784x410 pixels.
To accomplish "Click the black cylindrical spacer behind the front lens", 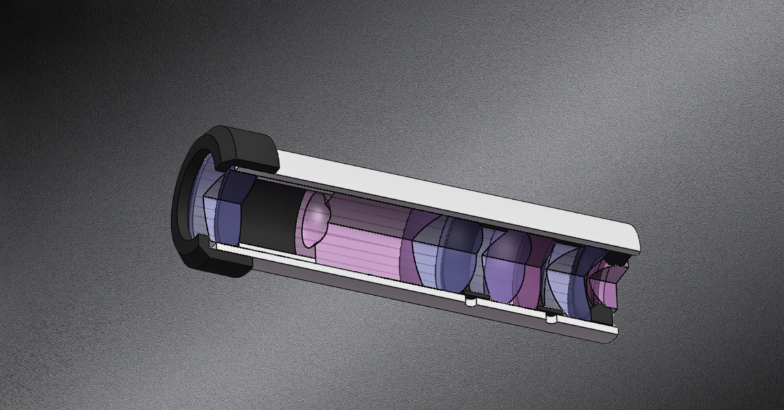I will [271, 212].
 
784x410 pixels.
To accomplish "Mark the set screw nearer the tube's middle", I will [469, 301].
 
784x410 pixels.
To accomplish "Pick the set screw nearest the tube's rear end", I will [551, 319].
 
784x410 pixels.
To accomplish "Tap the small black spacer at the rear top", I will [614, 260].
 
